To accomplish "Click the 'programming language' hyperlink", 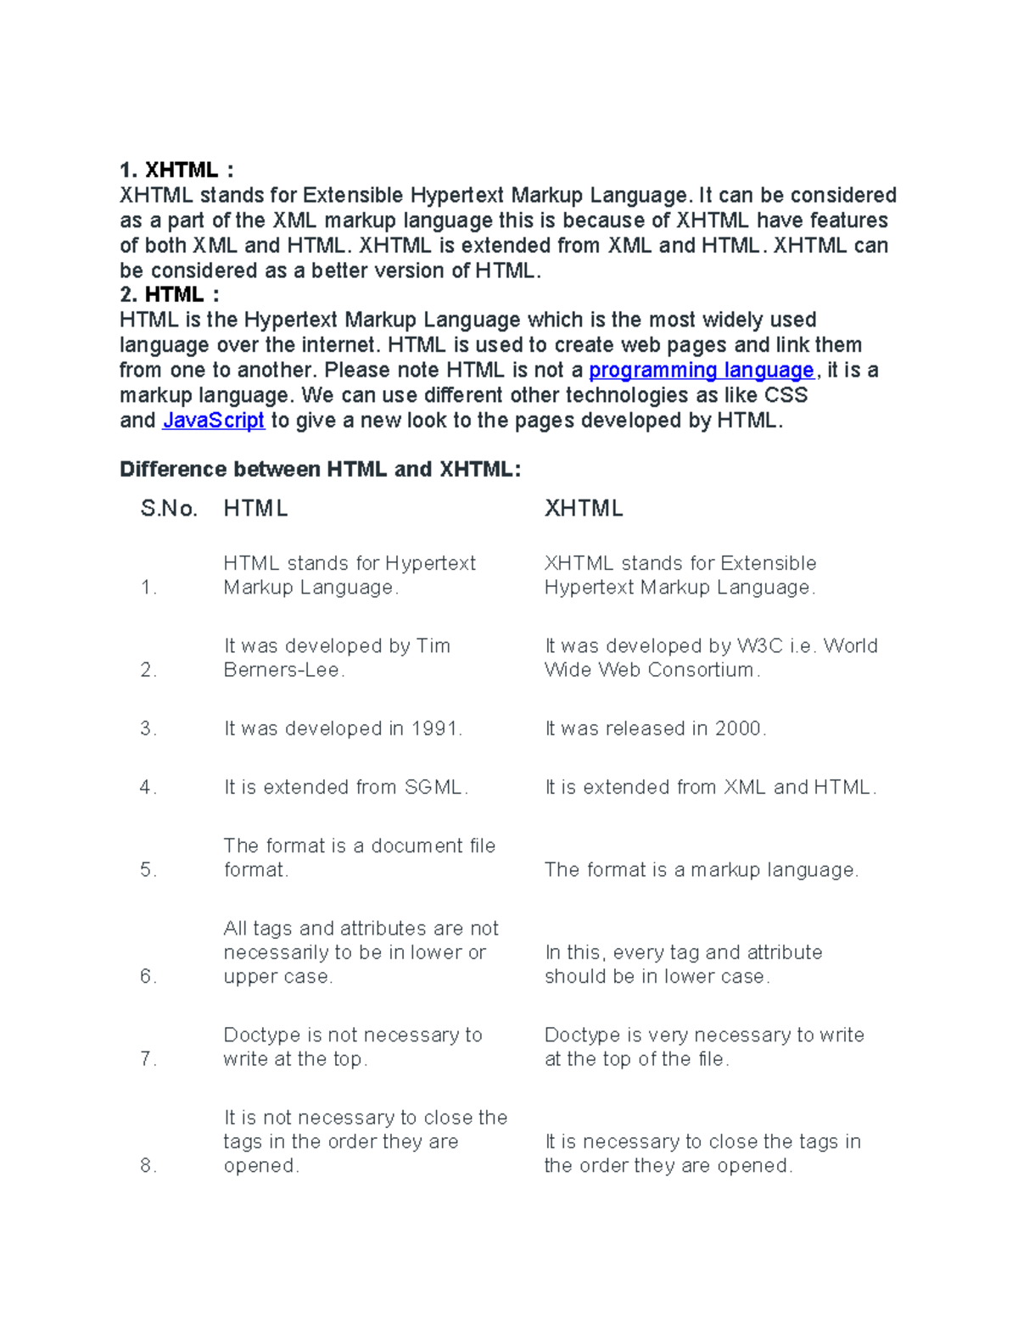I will [x=701, y=371].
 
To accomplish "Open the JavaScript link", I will [x=213, y=421].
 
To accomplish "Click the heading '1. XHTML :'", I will [x=176, y=170].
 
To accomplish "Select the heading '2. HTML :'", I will [x=169, y=295].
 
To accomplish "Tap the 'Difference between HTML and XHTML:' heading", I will [x=320, y=470].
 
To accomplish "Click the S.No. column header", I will [x=169, y=509].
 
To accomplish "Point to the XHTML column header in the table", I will [x=583, y=509].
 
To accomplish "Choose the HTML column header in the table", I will [x=255, y=509].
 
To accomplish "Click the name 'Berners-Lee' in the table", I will [x=282, y=670].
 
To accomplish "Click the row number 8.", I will [x=148, y=1166].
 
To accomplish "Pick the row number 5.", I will [x=148, y=870].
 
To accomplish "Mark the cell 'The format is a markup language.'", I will [x=701, y=870].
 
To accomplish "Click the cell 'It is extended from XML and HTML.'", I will [x=709, y=787].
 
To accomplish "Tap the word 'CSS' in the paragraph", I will [x=786, y=396].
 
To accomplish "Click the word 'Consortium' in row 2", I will [x=701, y=670].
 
